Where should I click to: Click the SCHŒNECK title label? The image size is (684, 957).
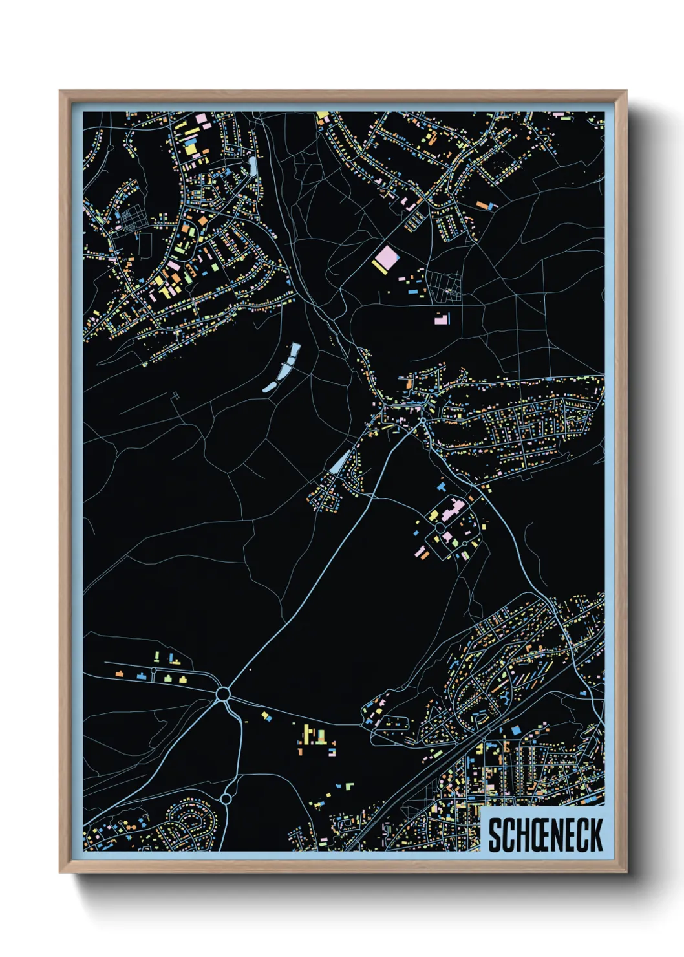(545, 835)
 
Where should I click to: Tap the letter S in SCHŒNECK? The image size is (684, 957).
(495, 835)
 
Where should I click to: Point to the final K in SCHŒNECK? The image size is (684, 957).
(595, 835)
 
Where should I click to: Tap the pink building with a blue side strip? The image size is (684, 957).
(442, 317)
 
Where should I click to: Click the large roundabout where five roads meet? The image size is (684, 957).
(223, 694)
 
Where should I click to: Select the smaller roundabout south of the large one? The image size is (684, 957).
(226, 799)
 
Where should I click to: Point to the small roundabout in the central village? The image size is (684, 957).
(423, 421)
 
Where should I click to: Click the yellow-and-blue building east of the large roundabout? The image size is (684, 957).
(265, 716)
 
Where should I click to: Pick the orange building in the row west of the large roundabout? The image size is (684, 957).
(120, 673)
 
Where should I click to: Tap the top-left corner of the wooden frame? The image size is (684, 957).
(61, 92)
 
